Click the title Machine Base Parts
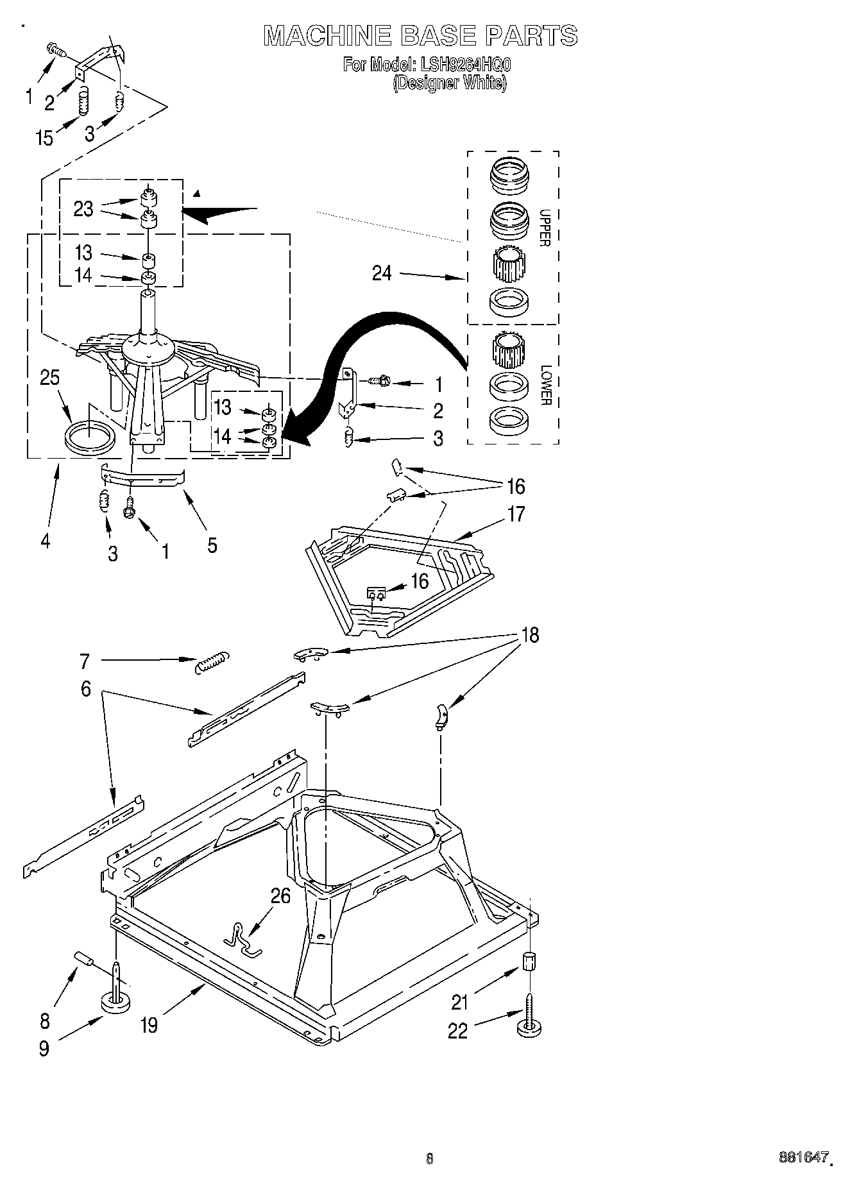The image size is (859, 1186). [x=420, y=35]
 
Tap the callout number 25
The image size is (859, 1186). [x=49, y=378]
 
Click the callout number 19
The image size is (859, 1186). [x=148, y=1025]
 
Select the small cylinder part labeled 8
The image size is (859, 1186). [x=85, y=959]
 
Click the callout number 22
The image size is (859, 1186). [x=457, y=1031]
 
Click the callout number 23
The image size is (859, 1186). [x=83, y=209]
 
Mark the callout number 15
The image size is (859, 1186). [x=44, y=137]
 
